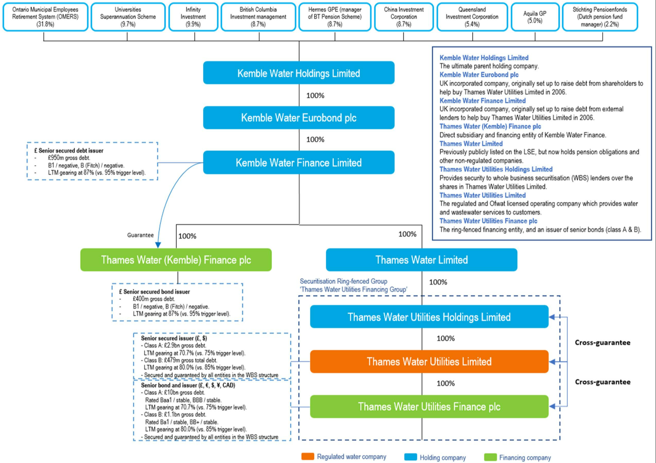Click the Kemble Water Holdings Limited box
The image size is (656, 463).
[299, 73]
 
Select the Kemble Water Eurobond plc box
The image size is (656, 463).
[299, 118]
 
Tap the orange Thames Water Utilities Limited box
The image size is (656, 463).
[429, 361]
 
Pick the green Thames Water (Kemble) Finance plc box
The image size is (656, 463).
[176, 260]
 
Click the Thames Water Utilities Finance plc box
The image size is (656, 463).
[429, 406]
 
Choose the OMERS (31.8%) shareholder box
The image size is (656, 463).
[45, 17]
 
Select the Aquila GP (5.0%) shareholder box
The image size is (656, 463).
[535, 17]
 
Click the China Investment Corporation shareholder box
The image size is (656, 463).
[404, 17]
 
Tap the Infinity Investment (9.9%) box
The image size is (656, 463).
[193, 17]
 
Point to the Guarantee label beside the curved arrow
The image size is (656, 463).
[140, 235]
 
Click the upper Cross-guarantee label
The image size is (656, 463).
[602, 343]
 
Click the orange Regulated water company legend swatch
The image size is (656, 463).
[308, 457]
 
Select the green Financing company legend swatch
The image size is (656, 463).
[490, 457]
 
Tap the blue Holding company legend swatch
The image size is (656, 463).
[410, 457]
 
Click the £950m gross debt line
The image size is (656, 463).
[69, 158]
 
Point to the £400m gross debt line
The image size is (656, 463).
[154, 299]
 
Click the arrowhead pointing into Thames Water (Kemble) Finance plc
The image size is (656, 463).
[158, 245]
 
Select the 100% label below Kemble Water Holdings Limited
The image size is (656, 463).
[315, 96]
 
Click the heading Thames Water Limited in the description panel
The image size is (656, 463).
[471, 144]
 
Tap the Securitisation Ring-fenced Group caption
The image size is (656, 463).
[344, 282]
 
